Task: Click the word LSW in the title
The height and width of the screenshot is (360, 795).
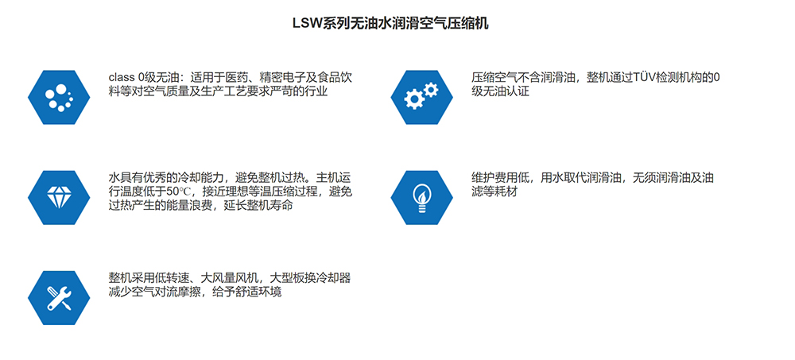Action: pyautogui.click(x=306, y=24)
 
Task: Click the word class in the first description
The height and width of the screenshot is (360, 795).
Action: pyautogui.click(x=122, y=78)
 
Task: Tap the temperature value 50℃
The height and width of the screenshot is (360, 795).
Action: pyautogui.click(x=180, y=192)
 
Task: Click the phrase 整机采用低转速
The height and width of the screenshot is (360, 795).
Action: pyautogui.click(x=148, y=278)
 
